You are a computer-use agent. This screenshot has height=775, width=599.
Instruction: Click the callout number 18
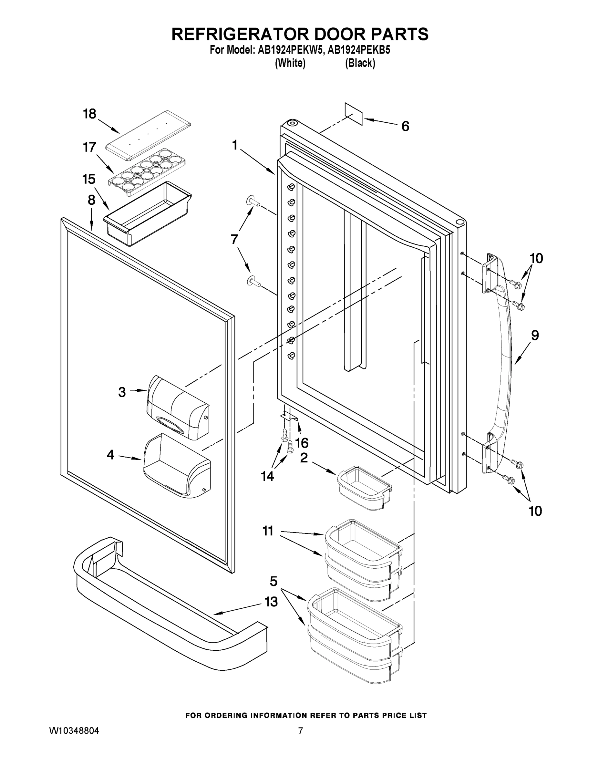click(89, 114)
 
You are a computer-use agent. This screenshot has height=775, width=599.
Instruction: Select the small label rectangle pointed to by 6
click(354, 114)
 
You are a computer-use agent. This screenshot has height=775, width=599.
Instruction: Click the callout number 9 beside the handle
click(535, 335)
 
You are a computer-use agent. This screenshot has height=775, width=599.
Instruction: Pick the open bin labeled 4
click(177, 466)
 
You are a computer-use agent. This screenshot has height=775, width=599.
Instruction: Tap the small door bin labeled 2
click(363, 488)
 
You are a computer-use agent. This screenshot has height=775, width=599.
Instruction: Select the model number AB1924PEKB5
click(359, 50)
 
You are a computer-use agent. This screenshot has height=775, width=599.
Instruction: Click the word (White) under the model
click(290, 63)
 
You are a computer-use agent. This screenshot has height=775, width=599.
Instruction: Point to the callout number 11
click(268, 531)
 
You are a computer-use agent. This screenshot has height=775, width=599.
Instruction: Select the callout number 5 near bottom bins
click(273, 581)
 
